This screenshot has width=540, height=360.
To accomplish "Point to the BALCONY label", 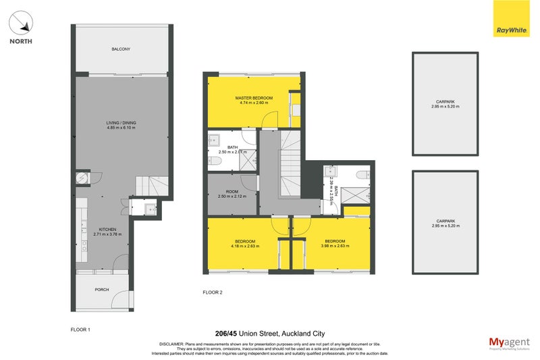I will tap(122, 49).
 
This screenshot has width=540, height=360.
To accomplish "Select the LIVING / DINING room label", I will tap(122, 123).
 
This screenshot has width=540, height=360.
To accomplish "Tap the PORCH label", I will tap(102, 290).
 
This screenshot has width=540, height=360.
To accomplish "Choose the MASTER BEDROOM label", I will tap(254, 99).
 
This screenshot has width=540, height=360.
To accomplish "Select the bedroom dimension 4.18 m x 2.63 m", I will tap(245, 246).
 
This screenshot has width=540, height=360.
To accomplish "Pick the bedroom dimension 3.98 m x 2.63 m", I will tap(335, 246).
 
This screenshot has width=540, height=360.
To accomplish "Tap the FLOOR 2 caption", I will tap(213, 292).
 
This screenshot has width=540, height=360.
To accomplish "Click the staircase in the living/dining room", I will tap(151, 185).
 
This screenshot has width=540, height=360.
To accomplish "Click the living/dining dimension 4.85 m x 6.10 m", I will tap(122, 128).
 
